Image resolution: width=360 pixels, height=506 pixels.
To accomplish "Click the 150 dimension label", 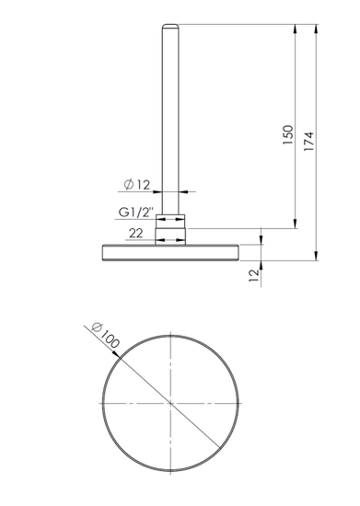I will point(287,135).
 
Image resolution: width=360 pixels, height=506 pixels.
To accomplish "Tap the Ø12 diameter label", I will point(136,185).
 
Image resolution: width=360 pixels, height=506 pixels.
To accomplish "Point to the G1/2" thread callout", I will point(134,213).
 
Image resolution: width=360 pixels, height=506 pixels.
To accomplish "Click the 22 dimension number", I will point(135,235).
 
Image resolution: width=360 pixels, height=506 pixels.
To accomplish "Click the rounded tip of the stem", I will point(170,27).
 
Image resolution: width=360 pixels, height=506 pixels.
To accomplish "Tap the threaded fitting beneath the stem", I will point(170,221).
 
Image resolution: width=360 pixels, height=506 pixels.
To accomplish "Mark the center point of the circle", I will point(170,402).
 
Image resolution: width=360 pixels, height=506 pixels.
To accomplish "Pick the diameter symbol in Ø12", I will point(126,185).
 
